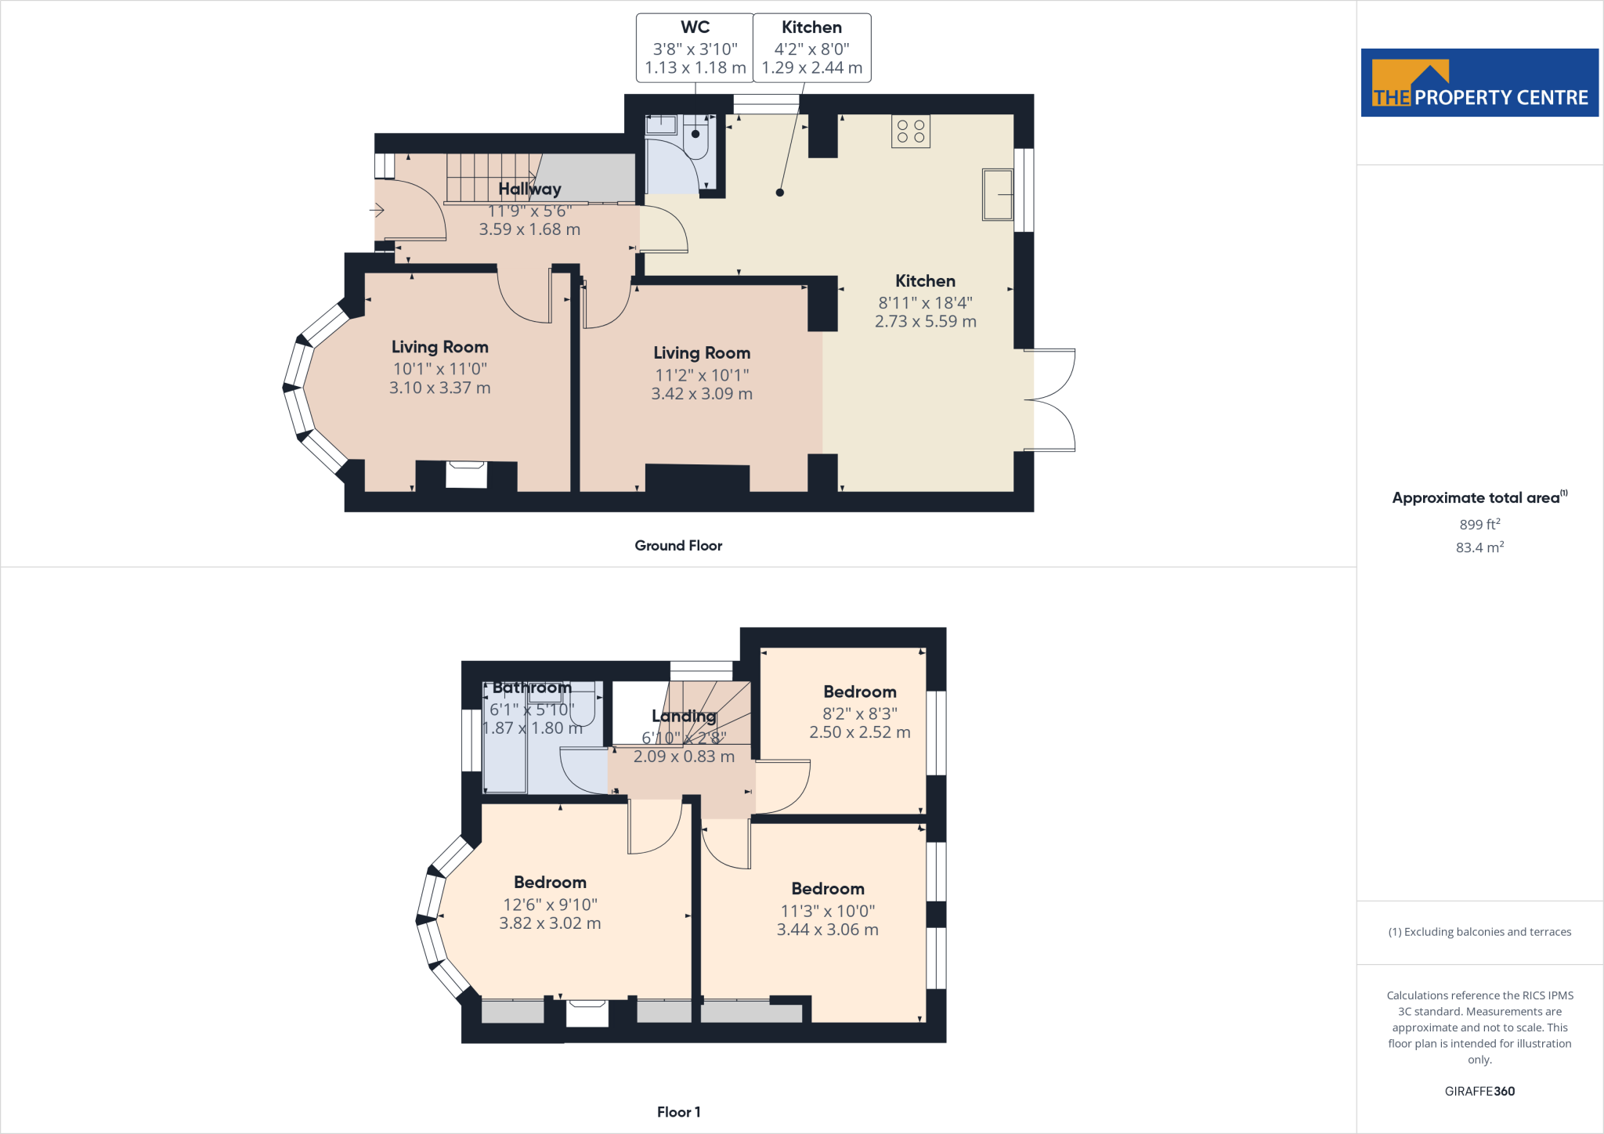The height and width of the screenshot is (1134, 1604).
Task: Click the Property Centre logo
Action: (1479, 83)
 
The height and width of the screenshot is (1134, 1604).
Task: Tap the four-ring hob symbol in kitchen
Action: (910, 132)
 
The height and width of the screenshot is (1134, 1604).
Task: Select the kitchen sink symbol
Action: (998, 194)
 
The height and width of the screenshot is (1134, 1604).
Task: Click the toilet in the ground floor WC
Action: (695, 139)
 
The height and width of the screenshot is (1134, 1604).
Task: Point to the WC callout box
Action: (695, 48)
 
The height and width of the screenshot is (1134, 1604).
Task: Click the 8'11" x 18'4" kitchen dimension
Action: (925, 303)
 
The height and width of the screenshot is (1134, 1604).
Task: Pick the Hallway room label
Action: (529, 189)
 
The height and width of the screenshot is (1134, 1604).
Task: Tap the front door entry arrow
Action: (378, 210)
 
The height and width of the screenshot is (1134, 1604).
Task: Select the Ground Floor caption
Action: (678, 546)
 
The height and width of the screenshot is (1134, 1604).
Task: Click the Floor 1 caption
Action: (678, 1112)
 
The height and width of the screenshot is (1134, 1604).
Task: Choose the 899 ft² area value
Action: (1479, 524)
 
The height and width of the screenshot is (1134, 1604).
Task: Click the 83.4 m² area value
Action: (1479, 547)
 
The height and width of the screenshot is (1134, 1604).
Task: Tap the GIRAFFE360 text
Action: (1479, 1091)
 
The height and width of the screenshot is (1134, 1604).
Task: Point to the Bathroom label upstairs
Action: (532, 688)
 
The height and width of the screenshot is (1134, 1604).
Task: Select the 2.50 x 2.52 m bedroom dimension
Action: (859, 732)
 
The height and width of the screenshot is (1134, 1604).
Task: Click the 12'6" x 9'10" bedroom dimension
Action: (550, 905)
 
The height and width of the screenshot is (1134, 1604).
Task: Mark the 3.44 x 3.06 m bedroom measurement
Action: (827, 930)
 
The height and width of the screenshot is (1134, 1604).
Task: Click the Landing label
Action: (684, 716)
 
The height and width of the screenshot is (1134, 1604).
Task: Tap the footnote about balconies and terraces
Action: (1479, 932)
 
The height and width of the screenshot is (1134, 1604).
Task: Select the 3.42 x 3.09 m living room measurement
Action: (701, 394)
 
